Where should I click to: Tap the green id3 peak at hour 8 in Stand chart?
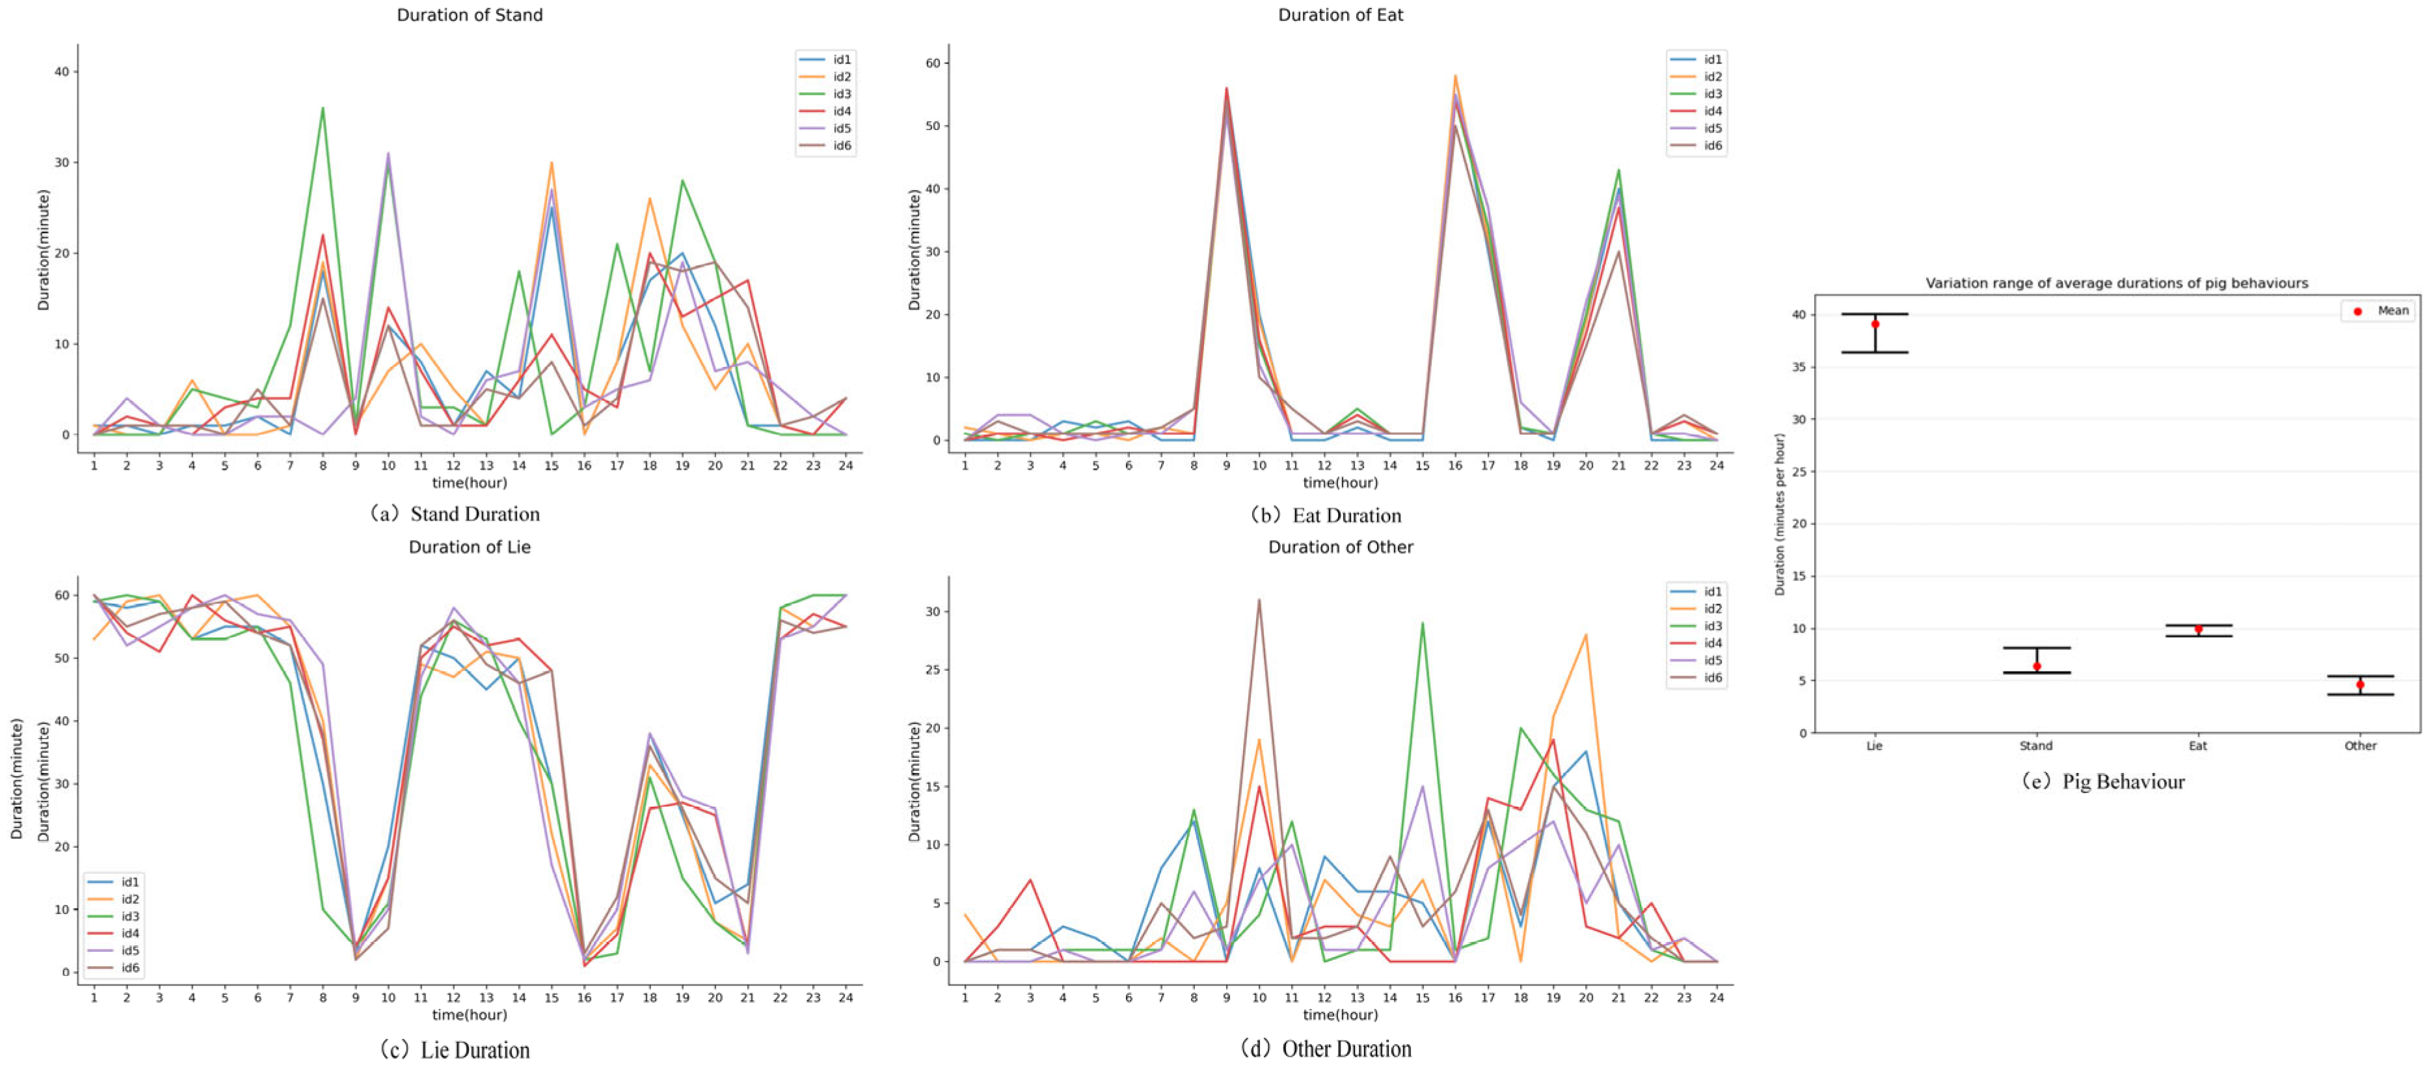(x=323, y=108)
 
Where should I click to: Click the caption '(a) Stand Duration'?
(x=455, y=513)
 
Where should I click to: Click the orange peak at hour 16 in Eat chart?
(x=1454, y=75)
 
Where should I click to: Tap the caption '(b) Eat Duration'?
(x=1326, y=515)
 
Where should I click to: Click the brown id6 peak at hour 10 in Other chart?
(x=1259, y=600)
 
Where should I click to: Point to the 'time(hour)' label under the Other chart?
(x=1340, y=1015)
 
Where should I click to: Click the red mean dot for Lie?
(x=1875, y=325)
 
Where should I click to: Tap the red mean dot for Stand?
(x=2037, y=667)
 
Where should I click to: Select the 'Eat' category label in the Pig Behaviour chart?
(x=2198, y=746)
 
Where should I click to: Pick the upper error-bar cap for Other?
(x=2361, y=677)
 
